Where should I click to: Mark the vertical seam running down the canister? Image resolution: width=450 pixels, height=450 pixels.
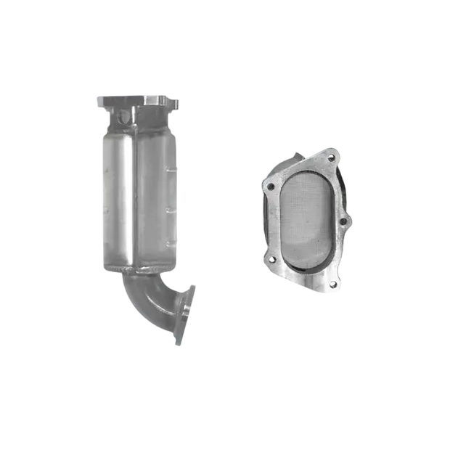(x=138, y=196)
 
